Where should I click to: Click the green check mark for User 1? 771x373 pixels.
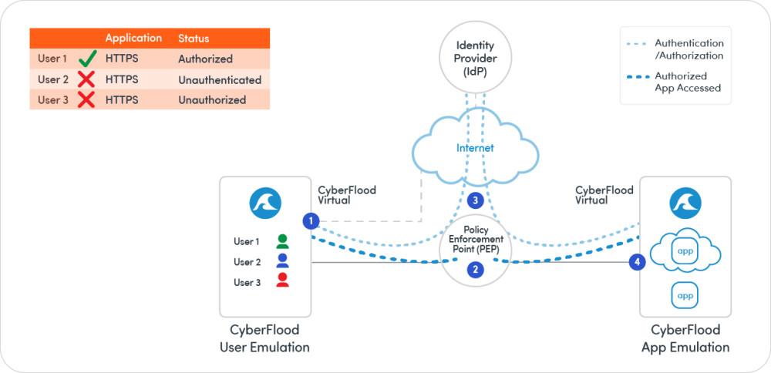[86, 59]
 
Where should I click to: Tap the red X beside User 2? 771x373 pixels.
[86, 79]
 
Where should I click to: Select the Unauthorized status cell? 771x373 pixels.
[212, 99]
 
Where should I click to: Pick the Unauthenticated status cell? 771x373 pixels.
[220, 79]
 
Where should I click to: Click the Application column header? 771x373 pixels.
[133, 38]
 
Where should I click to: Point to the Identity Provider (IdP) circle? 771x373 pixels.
[475, 59]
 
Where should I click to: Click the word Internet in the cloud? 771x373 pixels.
[475, 148]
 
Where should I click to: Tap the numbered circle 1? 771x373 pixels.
[311, 221]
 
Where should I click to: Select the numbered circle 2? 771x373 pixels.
[476, 270]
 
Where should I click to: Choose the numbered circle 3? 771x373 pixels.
[476, 200]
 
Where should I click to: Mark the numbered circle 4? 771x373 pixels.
[637, 262]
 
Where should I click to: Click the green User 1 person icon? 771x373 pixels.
[282, 241]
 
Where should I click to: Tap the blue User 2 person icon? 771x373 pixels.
[282, 261]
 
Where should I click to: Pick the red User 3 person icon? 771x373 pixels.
[282, 281]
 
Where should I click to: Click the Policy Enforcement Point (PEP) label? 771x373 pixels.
[476, 240]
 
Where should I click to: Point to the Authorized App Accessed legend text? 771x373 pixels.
[688, 82]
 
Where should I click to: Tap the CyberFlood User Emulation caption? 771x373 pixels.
[265, 339]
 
